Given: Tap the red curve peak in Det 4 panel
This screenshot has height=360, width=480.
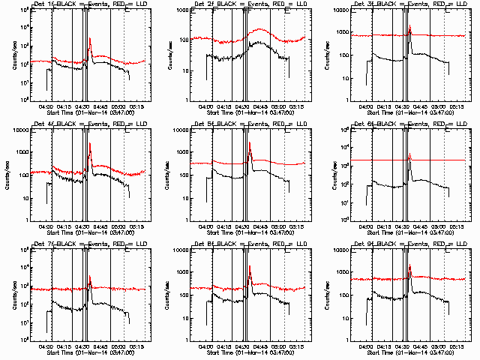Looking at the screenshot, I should [90, 143].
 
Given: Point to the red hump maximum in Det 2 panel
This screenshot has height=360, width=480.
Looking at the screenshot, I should [259, 29].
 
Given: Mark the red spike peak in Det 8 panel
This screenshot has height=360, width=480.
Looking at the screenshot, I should [250, 267].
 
